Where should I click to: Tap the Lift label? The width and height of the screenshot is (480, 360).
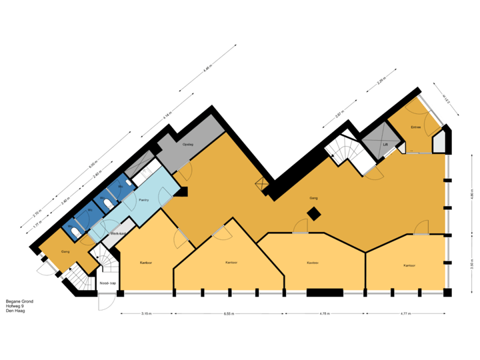click(x=385, y=144)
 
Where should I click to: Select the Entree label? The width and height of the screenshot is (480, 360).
click(x=415, y=127)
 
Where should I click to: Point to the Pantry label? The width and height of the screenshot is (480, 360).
click(x=143, y=199)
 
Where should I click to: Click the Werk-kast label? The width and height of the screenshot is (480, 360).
click(x=118, y=233)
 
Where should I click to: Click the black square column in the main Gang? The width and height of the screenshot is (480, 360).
click(x=313, y=214)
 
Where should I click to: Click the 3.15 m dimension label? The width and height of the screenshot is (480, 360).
click(x=147, y=313)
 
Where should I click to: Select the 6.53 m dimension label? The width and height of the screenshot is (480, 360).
click(x=229, y=313)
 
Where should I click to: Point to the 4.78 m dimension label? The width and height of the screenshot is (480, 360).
click(x=325, y=313)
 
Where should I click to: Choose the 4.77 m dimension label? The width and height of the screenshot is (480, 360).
click(x=405, y=313)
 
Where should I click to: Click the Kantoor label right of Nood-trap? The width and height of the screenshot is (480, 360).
click(x=148, y=263)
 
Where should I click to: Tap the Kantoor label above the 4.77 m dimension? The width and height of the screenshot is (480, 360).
click(x=409, y=265)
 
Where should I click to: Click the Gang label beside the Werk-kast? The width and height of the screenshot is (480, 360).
click(x=65, y=251)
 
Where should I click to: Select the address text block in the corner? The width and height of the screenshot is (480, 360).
click(x=19, y=305)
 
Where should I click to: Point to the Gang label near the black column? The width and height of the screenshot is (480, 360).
click(x=313, y=198)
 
